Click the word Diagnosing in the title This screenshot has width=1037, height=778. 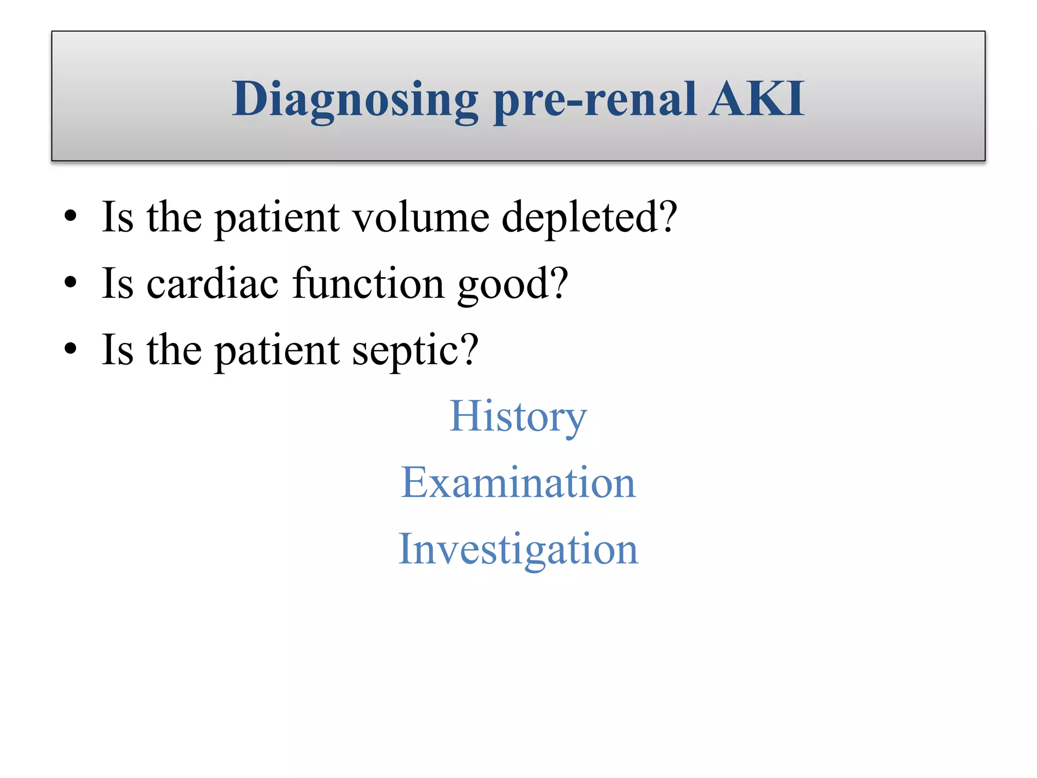tap(354, 99)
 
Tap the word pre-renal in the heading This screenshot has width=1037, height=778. tap(594, 99)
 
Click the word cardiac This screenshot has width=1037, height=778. tap(212, 283)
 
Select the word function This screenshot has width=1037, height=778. tap(368, 283)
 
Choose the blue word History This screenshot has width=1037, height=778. tap(517, 416)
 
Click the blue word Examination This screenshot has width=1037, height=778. tap(517, 482)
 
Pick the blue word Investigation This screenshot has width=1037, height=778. tap(517, 549)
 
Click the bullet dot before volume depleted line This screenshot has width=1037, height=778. tap(70, 216)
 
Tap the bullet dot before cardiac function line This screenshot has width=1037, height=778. tap(70, 283)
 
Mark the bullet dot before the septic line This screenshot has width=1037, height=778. tap(70, 349)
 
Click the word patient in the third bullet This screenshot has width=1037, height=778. tap(276, 351)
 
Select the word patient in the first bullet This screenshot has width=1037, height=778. tap(276, 218)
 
